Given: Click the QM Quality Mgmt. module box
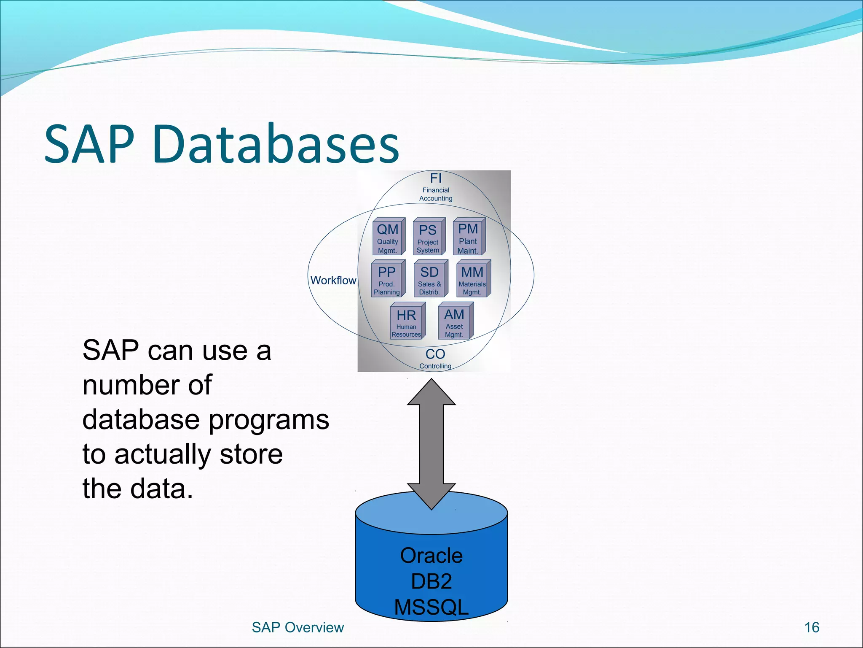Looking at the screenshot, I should pyautogui.click(x=388, y=238).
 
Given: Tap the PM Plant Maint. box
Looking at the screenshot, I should pyautogui.click(x=468, y=238).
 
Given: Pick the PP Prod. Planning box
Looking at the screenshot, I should pyautogui.click(x=387, y=279).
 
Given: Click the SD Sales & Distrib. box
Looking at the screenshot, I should pyautogui.click(x=430, y=279).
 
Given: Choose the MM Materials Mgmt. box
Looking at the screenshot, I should pyautogui.click(x=472, y=279).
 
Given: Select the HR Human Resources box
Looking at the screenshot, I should pyautogui.click(x=407, y=322).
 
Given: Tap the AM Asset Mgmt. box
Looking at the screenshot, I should pyautogui.click(x=455, y=322).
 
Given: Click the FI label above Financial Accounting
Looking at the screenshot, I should pyautogui.click(x=436, y=178).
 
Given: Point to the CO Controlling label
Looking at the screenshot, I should pyautogui.click(x=435, y=358).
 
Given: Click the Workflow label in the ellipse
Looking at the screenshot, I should pyautogui.click(x=333, y=281).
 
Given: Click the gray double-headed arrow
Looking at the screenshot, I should pyautogui.click(x=431, y=443).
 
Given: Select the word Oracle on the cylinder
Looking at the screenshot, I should pyautogui.click(x=431, y=556).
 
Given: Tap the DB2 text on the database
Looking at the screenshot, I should pyautogui.click(x=431, y=581).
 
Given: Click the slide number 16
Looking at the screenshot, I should pyautogui.click(x=812, y=627).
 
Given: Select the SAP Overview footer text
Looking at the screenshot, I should pyautogui.click(x=297, y=627).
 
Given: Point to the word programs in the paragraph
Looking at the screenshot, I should pyautogui.click(x=268, y=420).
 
